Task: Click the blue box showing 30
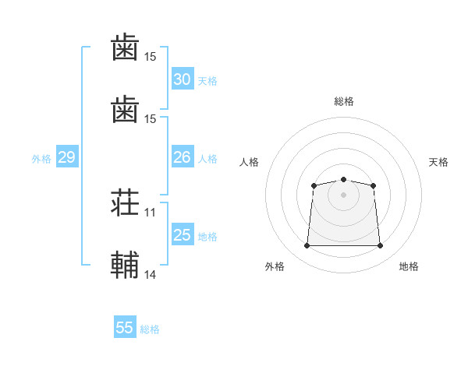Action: pos(182,79)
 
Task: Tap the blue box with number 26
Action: pos(182,157)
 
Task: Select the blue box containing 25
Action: pos(182,235)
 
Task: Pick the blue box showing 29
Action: pos(66,157)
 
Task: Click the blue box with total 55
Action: pos(125,328)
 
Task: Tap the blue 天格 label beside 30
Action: pos(207,80)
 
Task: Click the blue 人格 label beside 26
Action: pos(207,158)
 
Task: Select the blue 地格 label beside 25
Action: pos(207,236)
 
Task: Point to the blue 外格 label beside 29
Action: pos(41,158)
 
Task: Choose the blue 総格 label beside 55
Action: pos(150,329)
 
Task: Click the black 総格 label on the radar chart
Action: pos(343,101)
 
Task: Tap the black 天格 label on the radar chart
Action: pos(438,162)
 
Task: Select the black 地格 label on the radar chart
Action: pos(409,266)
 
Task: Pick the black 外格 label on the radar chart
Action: pos(275,266)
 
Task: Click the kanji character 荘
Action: pos(125,206)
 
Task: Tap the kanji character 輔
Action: pos(125,264)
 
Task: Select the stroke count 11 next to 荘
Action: pos(151,213)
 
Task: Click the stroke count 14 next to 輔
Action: pos(151,274)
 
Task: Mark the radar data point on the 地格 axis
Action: pos(381,246)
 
